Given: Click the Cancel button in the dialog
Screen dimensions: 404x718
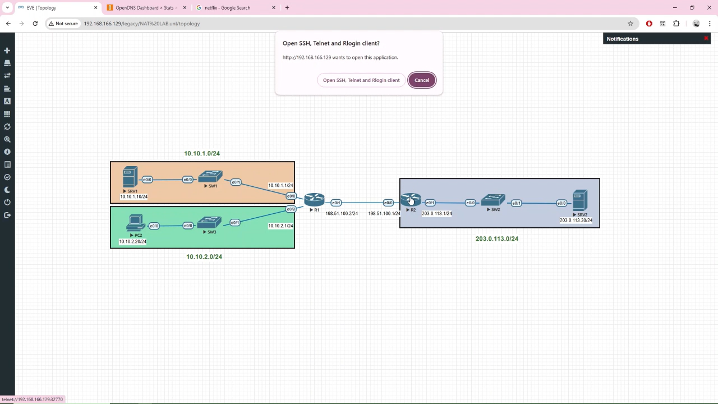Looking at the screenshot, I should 421,80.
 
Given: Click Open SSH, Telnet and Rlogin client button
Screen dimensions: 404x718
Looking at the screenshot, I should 361,80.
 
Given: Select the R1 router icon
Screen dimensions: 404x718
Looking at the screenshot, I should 314,200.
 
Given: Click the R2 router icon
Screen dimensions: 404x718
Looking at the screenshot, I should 411,200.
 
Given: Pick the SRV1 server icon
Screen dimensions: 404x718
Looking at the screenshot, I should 130,177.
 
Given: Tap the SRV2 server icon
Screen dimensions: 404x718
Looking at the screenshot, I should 580,200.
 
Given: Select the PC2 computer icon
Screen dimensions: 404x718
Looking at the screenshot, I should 136,223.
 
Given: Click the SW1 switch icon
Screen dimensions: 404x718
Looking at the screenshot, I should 210,177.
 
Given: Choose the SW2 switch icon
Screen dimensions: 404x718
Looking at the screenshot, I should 493,200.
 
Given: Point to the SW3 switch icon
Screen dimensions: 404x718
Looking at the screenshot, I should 210,223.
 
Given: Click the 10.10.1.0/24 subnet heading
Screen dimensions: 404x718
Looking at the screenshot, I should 202,153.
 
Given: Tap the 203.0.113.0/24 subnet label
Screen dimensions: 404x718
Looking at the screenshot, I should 496,238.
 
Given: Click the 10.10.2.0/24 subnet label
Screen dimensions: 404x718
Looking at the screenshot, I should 204,256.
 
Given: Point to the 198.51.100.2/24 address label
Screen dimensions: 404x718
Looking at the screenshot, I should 342,214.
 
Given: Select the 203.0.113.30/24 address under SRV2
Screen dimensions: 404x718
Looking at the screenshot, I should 576,221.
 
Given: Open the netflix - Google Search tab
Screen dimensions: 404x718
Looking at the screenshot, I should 234,8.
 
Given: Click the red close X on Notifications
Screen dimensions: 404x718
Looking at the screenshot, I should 706,39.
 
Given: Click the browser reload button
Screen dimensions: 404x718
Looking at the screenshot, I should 35,24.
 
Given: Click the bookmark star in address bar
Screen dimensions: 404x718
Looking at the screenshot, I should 630,24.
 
